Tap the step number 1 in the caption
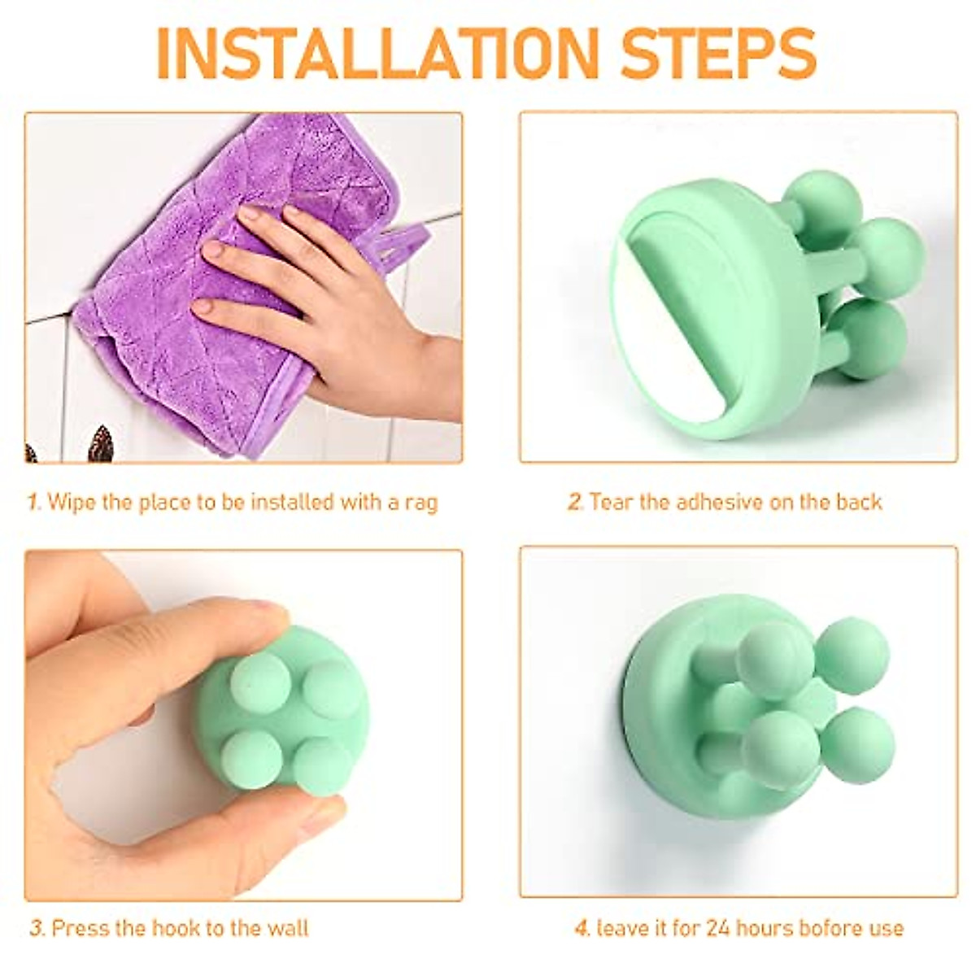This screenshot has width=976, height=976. click(33, 502)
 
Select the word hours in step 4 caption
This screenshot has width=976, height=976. click(767, 927)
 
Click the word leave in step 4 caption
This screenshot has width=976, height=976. click(625, 927)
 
